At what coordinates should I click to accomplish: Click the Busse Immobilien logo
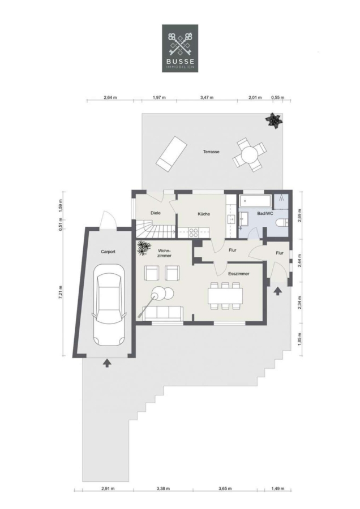point(180,48)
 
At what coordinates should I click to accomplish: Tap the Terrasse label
point(211,152)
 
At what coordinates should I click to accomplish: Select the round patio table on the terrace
point(250,154)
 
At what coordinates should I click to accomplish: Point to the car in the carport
point(109,305)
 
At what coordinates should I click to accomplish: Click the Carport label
point(108,252)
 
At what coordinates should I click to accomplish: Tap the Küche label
point(204,214)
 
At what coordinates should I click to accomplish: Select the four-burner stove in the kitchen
point(194,232)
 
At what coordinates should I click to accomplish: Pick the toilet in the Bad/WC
point(282,223)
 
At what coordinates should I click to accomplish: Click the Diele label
point(156,213)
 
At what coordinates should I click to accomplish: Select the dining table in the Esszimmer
point(225,295)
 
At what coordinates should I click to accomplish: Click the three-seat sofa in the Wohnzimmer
point(163,313)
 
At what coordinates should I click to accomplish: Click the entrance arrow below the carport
point(107,363)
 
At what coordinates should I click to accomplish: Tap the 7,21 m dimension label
point(61,292)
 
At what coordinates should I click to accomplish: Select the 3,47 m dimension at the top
point(207,97)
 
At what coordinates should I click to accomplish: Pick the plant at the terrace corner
point(274,120)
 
